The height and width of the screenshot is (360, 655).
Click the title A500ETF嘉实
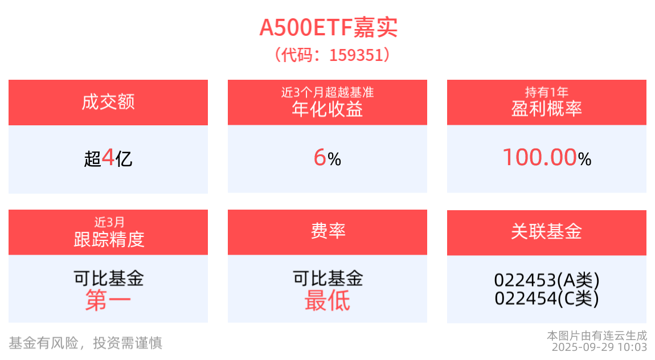[328, 27]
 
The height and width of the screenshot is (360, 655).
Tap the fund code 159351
[356, 55]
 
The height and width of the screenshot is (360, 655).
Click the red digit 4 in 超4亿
[108, 158]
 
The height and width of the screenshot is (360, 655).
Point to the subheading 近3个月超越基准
[327, 92]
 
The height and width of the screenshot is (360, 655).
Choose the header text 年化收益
[327, 109]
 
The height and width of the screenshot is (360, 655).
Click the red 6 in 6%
[320, 158]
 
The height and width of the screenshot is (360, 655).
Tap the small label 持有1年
[546, 92]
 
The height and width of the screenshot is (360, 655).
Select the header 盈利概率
[546, 109]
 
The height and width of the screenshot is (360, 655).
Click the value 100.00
[540, 157]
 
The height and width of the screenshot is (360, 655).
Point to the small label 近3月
[109, 222]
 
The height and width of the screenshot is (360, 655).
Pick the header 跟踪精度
[109, 239]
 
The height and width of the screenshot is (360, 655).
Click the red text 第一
[108, 301]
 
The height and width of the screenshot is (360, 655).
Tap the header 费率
[328, 231]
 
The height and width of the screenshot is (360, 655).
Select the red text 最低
[327, 301]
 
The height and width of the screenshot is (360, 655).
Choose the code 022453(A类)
[547, 280]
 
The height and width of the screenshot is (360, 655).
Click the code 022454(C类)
[547, 298]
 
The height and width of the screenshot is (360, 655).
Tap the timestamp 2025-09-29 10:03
[599, 347]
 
